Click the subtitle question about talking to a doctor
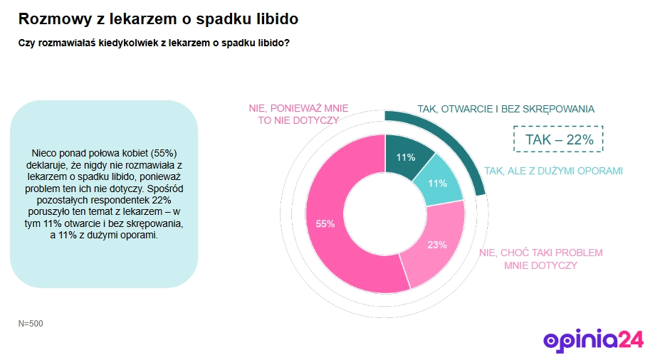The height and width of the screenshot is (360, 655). coord(153,43)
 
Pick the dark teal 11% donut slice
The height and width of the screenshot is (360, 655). coord(407,155)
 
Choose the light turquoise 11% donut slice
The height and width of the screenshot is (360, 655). coord(438,182)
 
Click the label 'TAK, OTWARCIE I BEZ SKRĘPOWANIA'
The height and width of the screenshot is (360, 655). coord(505,109)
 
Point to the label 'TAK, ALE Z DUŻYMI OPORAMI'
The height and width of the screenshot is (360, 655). coord(553,171)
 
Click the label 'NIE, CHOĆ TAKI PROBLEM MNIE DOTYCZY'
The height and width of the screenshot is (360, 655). coord(541,259)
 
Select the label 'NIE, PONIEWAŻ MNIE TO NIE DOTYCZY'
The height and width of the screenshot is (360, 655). coord(298,114)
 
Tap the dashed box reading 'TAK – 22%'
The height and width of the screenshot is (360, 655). coord(559,139)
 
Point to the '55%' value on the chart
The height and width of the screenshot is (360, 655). coord(325,223)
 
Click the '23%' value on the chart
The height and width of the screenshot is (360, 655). coord(437,245)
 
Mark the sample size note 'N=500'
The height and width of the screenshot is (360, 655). coord(31,324)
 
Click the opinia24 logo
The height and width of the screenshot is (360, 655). coord(593,339)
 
